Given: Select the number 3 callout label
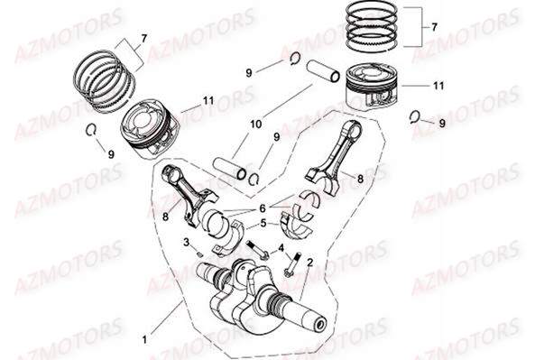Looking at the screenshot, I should pos(186,243).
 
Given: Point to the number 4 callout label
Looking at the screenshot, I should pos(281,248).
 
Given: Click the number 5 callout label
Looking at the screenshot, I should pos(263,222).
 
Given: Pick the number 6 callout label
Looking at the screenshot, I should pos(263,207).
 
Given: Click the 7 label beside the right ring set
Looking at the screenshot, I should pos(433,28).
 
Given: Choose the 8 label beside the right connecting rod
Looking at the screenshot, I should pos(361,180).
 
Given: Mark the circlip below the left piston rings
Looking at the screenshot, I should pos(93,131).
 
